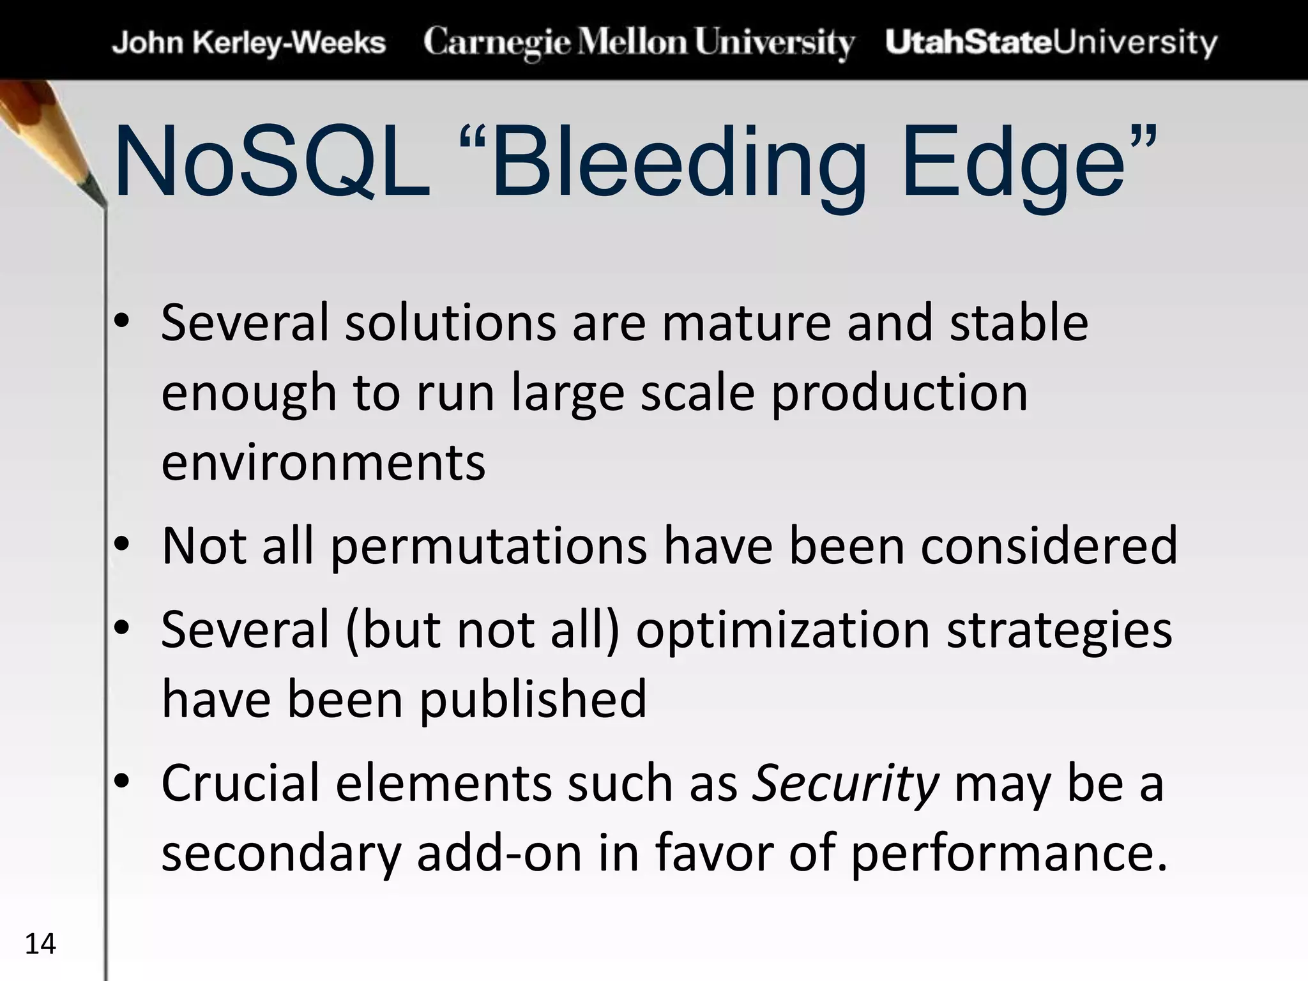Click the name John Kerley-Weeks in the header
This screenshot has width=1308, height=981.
click(x=248, y=43)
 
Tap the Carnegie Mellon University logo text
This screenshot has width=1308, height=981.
click(x=638, y=43)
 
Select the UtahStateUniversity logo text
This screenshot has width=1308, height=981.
click(x=1051, y=43)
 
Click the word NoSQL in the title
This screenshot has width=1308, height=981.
click(x=271, y=163)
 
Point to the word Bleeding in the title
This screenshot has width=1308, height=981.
click(x=677, y=163)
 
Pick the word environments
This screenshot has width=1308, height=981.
click(x=323, y=462)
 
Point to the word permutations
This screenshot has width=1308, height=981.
click(x=489, y=546)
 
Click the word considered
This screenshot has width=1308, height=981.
click(x=1048, y=546)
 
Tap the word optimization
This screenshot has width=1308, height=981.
click(x=782, y=630)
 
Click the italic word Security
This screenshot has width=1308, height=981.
click(x=845, y=784)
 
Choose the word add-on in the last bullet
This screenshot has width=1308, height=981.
click(x=499, y=854)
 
